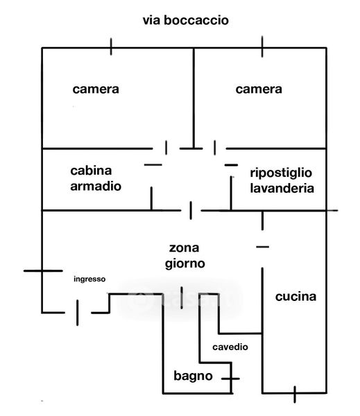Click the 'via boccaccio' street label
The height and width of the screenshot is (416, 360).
pyautogui.click(x=186, y=20)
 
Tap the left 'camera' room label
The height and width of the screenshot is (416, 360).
pyautogui.click(x=96, y=89)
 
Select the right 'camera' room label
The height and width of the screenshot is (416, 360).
pyautogui.click(x=259, y=89)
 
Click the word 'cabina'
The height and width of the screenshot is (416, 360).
pyautogui.click(x=91, y=171)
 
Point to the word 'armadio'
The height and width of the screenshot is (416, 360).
pyautogui.click(x=96, y=186)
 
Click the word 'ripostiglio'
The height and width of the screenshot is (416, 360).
pyautogui.click(x=281, y=173)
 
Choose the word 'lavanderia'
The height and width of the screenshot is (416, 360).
pyautogui.click(x=282, y=188)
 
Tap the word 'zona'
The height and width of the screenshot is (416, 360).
pyautogui.click(x=184, y=248)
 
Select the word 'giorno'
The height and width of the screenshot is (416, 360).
pyautogui.click(x=185, y=264)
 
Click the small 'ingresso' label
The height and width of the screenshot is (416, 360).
pyautogui.click(x=89, y=279)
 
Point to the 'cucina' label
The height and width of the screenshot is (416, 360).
pyautogui.click(x=295, y=297)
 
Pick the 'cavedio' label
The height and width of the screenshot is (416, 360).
pyautogui.click(x=230, y=347)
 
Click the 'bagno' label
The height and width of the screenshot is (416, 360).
pyautogui.click(x=193, y=376)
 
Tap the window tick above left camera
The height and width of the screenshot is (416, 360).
pyautogui.click(x=111, y=46)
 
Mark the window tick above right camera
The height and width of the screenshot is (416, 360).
pyautogui.click(x=262, y=46)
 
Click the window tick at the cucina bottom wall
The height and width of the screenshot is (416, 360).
pyautogui.click(x=295, y=395)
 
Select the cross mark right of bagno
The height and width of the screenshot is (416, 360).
pyautogui.click(x=231, y=379)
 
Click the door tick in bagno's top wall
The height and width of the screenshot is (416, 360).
pyautogui.click(x=182, y=297)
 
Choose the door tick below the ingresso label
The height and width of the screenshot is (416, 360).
pyautogui.click(x=77, y=313)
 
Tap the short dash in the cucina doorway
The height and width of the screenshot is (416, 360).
pyautogui.click(x=263, y=247)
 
